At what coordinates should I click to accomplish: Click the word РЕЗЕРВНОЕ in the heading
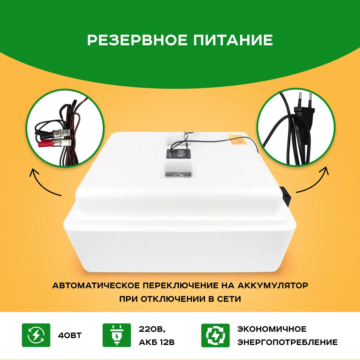137,40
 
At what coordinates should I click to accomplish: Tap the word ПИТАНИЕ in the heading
233,40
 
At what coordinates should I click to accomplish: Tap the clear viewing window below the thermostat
178,170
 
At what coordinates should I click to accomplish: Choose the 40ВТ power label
70,335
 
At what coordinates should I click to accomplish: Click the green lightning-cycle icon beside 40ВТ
36,335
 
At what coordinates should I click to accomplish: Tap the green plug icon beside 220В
117,335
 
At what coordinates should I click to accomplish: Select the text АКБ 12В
157,342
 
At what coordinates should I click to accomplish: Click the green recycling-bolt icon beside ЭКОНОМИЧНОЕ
215,335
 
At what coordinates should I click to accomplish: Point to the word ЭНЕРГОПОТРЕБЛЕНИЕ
287,342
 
